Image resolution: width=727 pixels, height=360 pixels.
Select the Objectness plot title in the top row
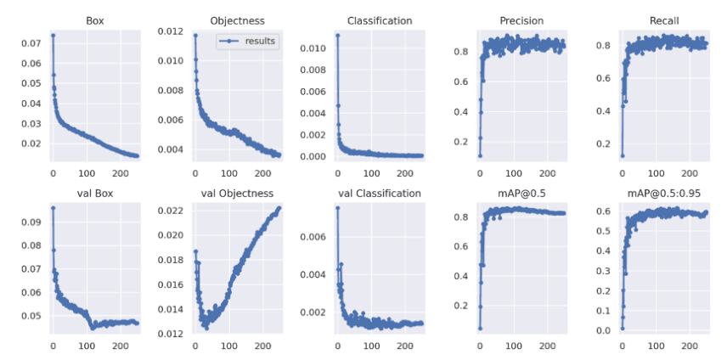pos(237,20)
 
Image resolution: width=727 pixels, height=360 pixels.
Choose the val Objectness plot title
pos(237,194)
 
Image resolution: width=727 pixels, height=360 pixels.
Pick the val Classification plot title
pos(380,194)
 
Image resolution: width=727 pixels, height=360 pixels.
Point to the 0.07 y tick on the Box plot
pos(31,43)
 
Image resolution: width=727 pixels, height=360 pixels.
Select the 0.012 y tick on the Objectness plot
pos(170,31)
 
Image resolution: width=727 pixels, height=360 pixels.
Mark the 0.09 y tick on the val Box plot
pos(31,222)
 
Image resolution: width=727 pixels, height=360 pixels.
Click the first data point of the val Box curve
pos(53,208)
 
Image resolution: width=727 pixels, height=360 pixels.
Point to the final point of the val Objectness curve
pos(279,208)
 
